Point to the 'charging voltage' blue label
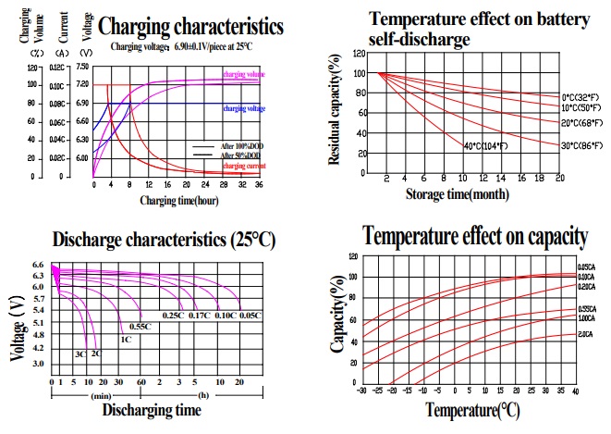[242, 108]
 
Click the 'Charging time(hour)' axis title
[178, 200]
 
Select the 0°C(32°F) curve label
[583, 97]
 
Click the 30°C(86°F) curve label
[583, 145]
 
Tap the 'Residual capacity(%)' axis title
[334, 110]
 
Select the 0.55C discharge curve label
[140, 327]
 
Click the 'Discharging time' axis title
[150, 408]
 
